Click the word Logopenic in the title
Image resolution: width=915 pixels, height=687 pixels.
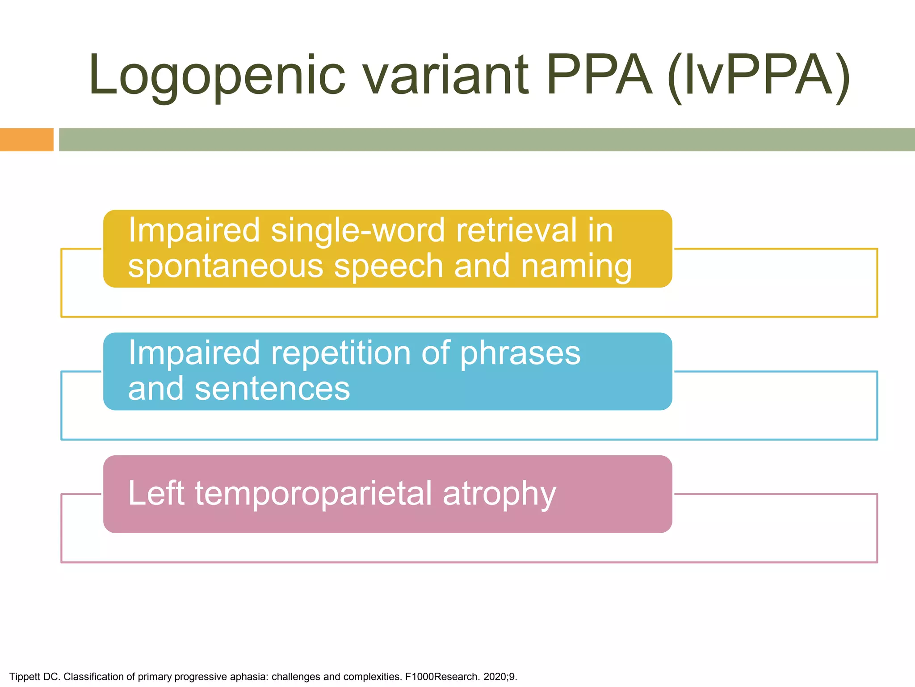[x=217, y=76]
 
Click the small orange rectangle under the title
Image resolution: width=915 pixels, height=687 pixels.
[x=26, y=140]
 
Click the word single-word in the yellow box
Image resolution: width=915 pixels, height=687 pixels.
[x=358, y=230]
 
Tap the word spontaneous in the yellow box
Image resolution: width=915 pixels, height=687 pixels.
[x=225, y=267]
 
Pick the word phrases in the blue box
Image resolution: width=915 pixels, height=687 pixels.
[x=520, y=354]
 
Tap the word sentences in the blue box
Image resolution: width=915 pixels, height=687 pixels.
[x=273, y=388]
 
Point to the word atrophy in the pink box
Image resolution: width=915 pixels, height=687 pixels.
[x=499, y=494]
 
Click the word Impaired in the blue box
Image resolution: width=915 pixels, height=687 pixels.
[x=194, y=353]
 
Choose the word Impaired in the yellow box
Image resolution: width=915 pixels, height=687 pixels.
[x=194, y=230]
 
